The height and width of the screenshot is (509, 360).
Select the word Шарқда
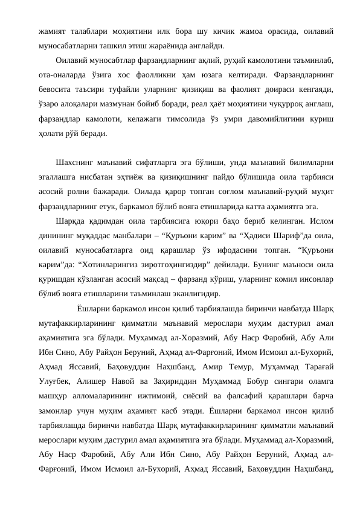(69, 221)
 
